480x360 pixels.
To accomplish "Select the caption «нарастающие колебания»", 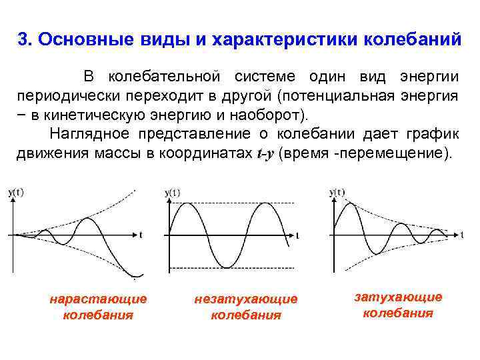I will pyautogui.click(x=98, y=307).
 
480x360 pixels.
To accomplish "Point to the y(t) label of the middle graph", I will pyautogui.click(x=172, y=193).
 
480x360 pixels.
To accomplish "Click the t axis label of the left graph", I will pyautogui.click(x=141, y=234).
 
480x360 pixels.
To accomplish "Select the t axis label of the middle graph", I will pyautogui.click(x=297, y=235).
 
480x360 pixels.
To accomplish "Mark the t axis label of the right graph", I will pyautogui.click(x=462, y=235).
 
